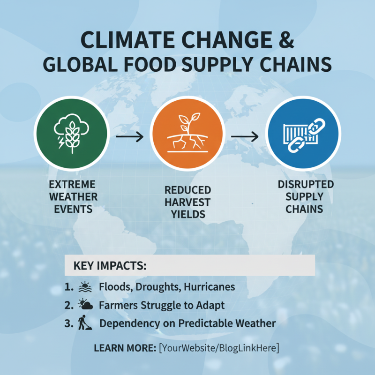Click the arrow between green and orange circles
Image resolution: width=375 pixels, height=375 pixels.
(130, 137)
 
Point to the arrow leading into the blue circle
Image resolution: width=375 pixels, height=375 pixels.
(245, 137)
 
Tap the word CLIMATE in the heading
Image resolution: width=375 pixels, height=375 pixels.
(123, 39)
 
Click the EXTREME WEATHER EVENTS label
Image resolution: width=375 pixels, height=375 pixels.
(73, 196)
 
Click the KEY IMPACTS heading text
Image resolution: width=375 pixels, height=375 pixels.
(110, 266)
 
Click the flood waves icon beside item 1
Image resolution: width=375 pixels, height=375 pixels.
(85, 286)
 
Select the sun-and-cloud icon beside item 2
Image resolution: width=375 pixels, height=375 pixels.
(85, 305)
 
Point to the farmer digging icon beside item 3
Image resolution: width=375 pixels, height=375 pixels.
(83, 323)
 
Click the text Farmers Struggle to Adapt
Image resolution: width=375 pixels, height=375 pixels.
(162, 305)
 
